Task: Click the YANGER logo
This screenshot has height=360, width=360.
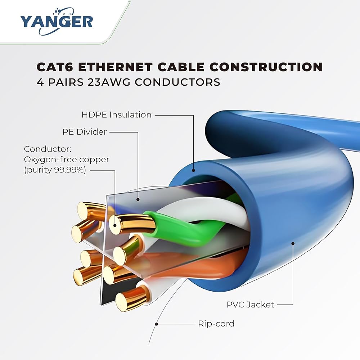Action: coord(57,22)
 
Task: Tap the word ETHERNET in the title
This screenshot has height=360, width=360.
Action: coord(115,67)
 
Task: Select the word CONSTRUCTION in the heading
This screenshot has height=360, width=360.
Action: coord(266,67)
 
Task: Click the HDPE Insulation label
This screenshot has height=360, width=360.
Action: coord(116,114)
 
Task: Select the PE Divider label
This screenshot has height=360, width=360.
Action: coord(85,132)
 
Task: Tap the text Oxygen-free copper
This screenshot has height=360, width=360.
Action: coord(67,159)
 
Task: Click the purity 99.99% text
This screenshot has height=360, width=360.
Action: coord(55,170)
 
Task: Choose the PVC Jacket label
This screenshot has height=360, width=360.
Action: coord(250,305)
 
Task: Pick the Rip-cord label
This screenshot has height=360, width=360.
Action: coord(216,324)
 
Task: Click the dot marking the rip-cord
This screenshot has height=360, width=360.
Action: coord(157,324)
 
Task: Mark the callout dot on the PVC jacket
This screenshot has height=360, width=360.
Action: coord(293,244)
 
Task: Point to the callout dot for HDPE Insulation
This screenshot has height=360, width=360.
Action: coord(194,170)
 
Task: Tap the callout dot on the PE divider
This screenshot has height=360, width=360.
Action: coord(138,199)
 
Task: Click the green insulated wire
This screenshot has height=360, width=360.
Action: coord(184,230)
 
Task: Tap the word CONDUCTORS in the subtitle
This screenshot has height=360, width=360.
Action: coord(177,82)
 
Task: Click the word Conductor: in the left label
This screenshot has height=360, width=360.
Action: coord(48,149)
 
